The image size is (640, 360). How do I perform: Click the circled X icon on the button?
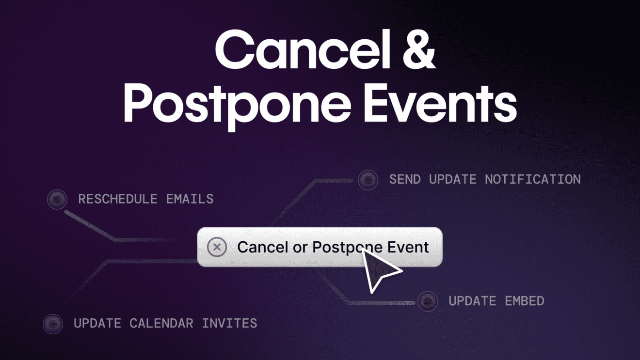pos(217,247)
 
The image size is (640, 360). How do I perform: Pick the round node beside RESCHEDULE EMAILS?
pos(57,199)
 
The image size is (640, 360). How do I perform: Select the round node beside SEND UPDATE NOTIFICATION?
pos(368,180)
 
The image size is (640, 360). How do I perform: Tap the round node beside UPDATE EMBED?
pos(428,301)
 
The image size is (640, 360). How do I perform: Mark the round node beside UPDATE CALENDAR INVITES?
pos(53,323)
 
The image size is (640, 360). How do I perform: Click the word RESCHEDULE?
pos(118,199)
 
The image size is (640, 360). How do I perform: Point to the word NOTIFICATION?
pos(532,179)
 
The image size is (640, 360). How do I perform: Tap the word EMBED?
pos(525,301)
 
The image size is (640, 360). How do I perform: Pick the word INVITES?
pos(229,323)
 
